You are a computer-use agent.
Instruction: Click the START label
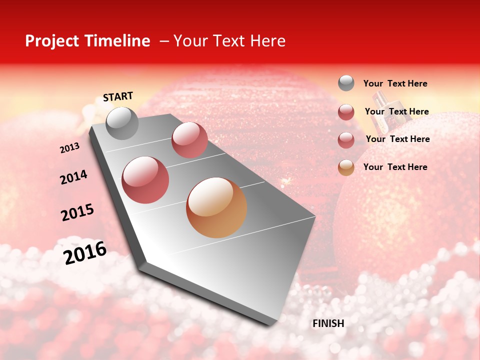118,96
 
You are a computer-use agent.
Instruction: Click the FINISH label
328,323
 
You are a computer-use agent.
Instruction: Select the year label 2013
69,148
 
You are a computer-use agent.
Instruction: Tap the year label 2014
73,177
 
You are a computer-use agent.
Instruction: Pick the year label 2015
77,212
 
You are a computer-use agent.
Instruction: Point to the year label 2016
85,252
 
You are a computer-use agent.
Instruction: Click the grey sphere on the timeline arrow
122,123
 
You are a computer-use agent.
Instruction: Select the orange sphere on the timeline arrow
216,207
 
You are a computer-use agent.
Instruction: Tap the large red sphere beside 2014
145,180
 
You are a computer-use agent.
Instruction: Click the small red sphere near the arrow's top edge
189,140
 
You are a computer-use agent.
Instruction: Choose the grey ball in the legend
346,83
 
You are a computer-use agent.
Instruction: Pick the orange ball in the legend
346,167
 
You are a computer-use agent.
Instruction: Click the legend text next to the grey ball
395,83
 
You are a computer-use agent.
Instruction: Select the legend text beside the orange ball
395,167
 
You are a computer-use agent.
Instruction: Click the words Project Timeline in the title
87,41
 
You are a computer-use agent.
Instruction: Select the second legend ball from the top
346,112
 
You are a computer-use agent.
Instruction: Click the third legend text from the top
397,139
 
